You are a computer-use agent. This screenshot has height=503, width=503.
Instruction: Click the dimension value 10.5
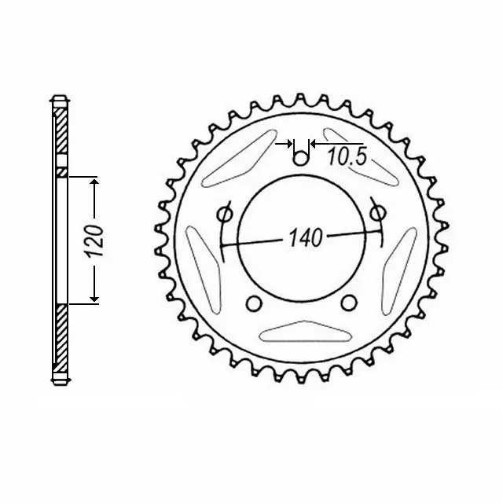point(347,157)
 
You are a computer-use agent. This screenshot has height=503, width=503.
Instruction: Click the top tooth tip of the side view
point(60,101)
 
